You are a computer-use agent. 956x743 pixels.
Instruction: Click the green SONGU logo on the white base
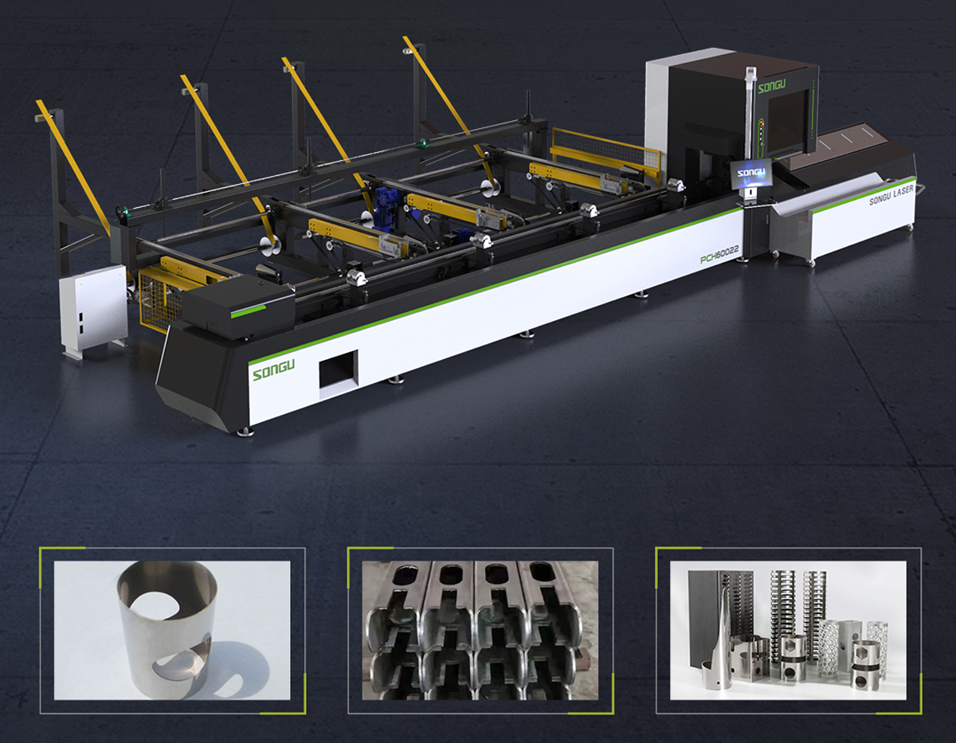tap(273, 370)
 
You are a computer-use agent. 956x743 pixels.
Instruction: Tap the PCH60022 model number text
tap(719, 255)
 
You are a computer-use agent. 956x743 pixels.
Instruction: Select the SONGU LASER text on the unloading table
tap(891, 195)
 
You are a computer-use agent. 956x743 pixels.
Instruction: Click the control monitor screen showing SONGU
tap(751, 174)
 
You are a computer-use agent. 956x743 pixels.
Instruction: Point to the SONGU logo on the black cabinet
tap(771, 86)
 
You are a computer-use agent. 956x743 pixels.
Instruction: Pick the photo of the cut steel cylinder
tap(172, 630)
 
